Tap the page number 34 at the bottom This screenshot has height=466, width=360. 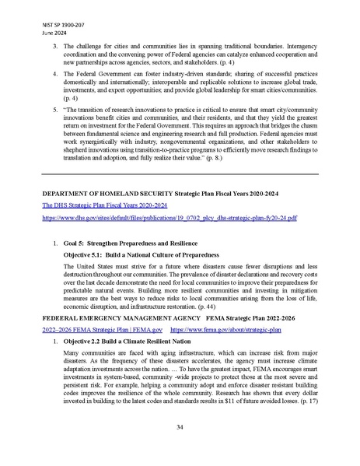tap(180, 427)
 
